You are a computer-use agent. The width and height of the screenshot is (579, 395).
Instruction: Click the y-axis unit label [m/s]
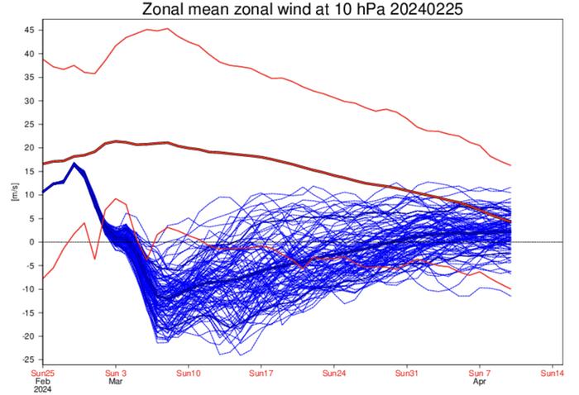(x=13, y=195)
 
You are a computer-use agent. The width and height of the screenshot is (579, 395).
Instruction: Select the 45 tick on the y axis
(x=28, y=30)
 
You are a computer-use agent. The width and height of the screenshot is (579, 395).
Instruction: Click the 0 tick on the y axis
(x=31, y=242)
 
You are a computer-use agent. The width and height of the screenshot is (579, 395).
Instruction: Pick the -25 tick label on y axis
(x=26, y=360)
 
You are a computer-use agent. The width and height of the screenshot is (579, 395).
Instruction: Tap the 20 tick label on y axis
(x=28, y=148)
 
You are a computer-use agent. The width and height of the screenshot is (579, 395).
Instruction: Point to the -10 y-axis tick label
(x=26, y=289)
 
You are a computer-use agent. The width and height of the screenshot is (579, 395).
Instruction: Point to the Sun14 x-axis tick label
(x=553, y=374)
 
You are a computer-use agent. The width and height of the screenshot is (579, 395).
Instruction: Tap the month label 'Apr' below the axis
(x=481, y=383)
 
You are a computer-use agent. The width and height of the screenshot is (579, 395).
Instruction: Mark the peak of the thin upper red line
(x=166, y=28)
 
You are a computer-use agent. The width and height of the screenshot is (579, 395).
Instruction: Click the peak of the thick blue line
(x=74, y=164)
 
